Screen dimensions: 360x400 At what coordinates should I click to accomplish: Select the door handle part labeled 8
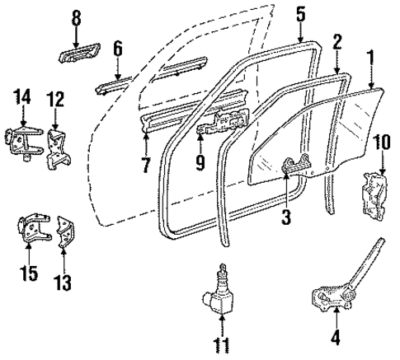(75, 57)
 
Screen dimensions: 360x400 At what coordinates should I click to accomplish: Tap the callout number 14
(21, 100)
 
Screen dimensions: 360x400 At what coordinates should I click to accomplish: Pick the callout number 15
(29, 273)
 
